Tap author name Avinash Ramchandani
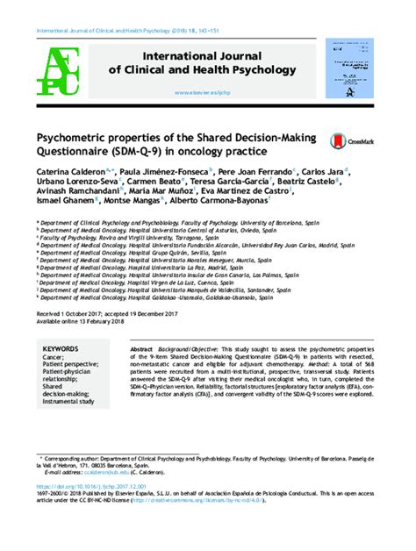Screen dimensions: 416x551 (75, 197)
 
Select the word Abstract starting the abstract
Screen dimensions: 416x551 (142, 348)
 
